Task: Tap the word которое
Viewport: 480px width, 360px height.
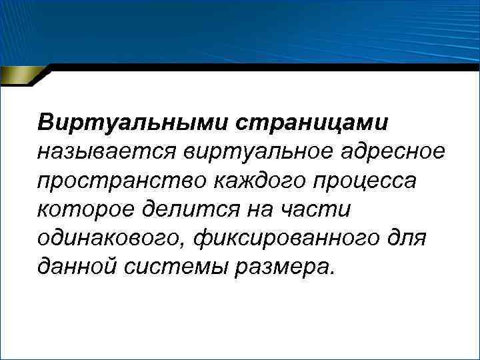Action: click(82, 210)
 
